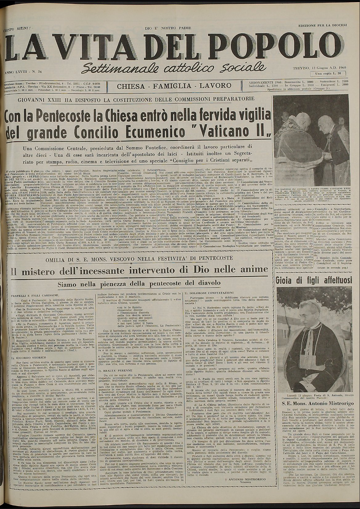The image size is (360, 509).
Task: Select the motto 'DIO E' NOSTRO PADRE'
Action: coord(168,28)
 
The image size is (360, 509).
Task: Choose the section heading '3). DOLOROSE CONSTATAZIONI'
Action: coord(207,293)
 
